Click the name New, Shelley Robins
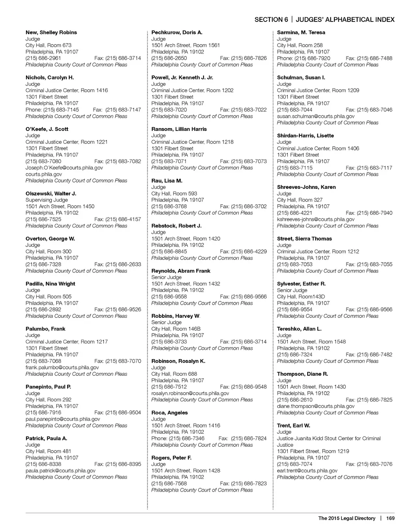(x=51, y=32)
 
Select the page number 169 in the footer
(x=390, y=518)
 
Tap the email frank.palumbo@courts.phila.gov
(x=62, y=367)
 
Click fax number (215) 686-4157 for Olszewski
(x=118, y=219)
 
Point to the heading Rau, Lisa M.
(x=167, y=181)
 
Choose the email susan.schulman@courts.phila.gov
(x=316, y=116)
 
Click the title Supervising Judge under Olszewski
(x=47, y=200)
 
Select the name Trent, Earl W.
(x=293, y=426)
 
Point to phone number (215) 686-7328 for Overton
(x=43, y=264)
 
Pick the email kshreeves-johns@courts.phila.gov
(x=316, y=219)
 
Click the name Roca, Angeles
(x=169, y=413)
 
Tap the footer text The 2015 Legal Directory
(x=347, y=518)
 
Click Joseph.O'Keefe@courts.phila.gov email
(x=64, y=168)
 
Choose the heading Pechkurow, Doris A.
(x=177, y=32)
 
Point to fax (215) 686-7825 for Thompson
(x=369, y=400)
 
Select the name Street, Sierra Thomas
(x=304, y=239)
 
